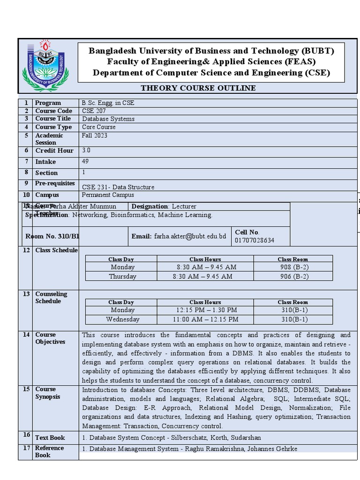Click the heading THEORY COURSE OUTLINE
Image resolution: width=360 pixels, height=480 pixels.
[198, 88]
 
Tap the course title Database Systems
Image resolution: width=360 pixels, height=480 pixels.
[108, 119]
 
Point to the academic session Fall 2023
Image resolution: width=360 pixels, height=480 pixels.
[94, 135]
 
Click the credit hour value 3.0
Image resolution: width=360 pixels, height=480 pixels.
[86, 150]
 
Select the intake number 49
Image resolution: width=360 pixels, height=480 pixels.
[85, 161]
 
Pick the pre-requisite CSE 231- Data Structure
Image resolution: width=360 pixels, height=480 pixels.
[118, 187]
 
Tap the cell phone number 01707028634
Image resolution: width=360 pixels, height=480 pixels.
[255, 240]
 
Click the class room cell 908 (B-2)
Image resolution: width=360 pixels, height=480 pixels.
[293, 267]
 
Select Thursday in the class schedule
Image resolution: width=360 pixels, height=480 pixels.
[122, 277]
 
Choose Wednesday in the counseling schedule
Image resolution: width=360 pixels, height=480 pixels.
[122, 320]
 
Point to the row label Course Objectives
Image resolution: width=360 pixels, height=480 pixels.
[50, 338]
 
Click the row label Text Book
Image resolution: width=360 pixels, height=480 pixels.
[50, 438]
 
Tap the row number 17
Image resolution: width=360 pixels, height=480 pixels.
[26, 448]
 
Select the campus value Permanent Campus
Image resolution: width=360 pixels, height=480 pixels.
[108, 195]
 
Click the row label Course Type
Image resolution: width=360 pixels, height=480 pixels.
[53, 127]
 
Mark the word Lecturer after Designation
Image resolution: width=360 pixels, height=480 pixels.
[184, 206]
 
